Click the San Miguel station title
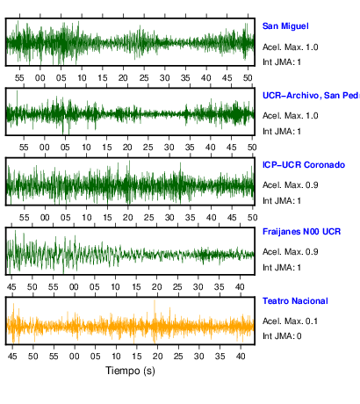coord(285,26)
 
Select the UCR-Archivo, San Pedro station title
coord(311,96)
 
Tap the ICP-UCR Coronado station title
coord(304,165)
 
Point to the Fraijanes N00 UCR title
coord(301,232)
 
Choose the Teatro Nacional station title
coord(295,301)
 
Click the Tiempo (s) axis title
coord(130,371)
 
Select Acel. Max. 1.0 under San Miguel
coord(290,47)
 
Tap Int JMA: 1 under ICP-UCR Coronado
coord(282,201)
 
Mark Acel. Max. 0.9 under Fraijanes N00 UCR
coord(290,252)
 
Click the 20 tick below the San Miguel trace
coord(123,78)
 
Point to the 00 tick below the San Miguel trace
coord(40,78)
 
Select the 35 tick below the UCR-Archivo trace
coord(190,148)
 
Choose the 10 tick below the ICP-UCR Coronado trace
coord(86,218)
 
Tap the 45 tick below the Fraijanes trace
coord(11,287)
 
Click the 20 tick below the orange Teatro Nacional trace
coord(157,357)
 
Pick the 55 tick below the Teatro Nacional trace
coord(54,357)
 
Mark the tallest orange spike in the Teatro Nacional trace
coord(155,300)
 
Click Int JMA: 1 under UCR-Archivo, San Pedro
coord(282,132)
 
